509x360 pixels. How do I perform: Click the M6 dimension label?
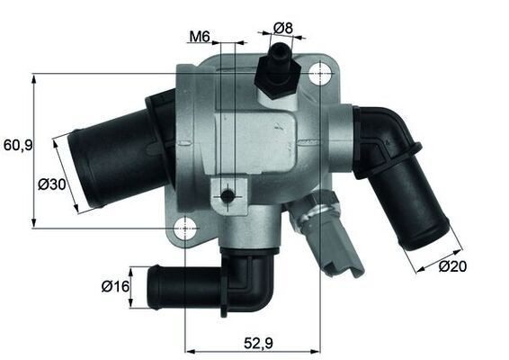tap(199, 37)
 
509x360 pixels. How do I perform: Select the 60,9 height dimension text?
tap(17, 143)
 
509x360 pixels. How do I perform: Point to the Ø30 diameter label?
tap(51, 185)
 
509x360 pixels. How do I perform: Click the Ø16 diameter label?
tap(115, 287)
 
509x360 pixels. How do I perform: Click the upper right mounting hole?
tap(321, 76)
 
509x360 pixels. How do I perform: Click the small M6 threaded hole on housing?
tap(228, 195)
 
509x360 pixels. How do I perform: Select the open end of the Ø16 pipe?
tap(154, 288)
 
